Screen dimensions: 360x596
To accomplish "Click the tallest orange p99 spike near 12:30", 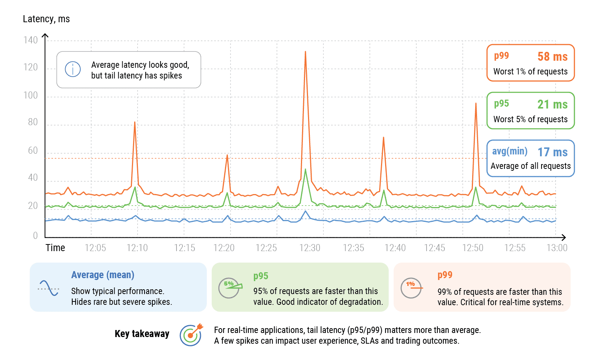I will coord(305,52).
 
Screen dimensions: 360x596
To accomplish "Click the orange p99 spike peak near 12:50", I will coord(476,104).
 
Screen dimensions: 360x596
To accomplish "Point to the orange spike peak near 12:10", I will coord(135,123).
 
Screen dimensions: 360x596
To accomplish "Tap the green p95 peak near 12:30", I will coord(305,170).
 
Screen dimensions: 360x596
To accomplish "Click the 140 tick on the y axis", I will coord(31,40).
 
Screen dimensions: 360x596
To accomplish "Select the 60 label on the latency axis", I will coord(33,151).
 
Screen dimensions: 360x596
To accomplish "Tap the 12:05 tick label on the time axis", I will coord(95,248).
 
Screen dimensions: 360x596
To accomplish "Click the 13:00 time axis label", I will coord(557,248).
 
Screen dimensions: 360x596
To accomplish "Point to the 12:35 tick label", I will coord(353,248).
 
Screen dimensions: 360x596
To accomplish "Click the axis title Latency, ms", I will coord(46,19).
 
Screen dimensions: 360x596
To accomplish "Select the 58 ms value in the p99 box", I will coord(552,57).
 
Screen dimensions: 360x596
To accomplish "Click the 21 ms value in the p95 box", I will coord(552,104).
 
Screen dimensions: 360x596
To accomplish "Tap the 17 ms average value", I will coord(552,152).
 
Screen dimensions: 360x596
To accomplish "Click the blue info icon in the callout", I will coord(73,69).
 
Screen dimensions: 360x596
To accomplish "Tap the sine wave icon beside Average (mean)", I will coord(49,288).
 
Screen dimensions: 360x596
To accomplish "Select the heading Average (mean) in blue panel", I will coord(103,275).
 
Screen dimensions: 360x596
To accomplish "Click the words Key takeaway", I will coord(142,334).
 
